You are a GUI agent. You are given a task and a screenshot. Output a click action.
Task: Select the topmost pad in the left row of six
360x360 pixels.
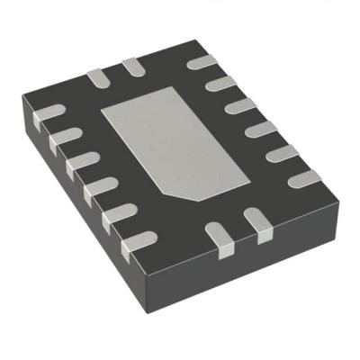46,114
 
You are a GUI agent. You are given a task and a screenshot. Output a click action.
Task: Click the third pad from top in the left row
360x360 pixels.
81,162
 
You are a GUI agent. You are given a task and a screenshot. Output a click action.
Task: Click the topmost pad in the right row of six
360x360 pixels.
199,63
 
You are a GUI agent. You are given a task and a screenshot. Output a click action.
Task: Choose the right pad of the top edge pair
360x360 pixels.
132,65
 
